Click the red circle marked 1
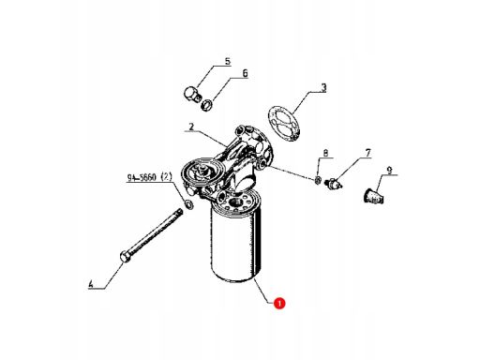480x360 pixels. coord(279,303)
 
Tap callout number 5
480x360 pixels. coord(228,61)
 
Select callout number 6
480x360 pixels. coord(245,73)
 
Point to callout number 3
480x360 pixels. coord(323,88)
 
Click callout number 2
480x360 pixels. coord(191,127)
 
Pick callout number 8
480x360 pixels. coord(325,153)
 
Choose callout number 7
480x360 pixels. coord(367,153)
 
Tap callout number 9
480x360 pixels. coord(389,171)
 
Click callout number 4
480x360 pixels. coord(91,284)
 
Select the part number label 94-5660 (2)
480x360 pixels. coord(149,177)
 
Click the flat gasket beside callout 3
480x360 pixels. coord(284,123)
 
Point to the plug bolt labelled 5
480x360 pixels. coord(191,95)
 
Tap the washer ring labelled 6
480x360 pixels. coord(207,105)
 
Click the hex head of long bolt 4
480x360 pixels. coord(126,257)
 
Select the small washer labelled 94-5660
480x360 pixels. coord(189,204)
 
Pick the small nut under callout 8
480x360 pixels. coord(318,180)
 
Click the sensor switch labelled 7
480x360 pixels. coord(333,184)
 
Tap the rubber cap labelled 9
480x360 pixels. coord(374,196)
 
